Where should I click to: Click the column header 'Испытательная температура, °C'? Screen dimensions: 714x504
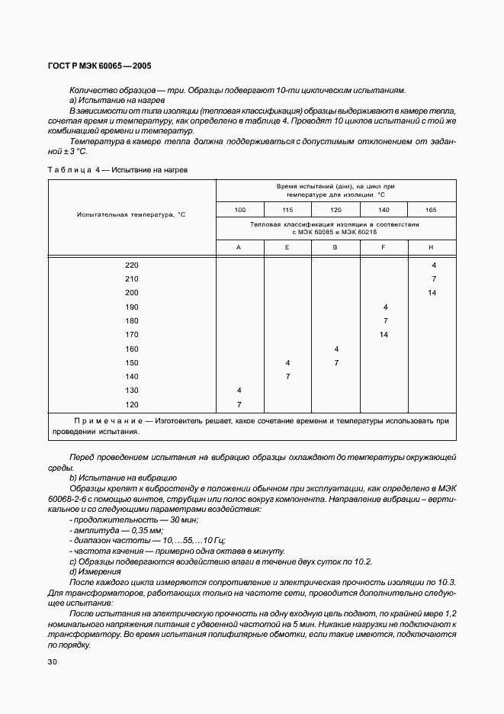point(132,214)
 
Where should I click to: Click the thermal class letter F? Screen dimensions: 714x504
point(384,247)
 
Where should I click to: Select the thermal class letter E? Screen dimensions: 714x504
point(287,247)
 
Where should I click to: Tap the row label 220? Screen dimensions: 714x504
point(132,265)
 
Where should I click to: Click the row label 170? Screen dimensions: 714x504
point(132,334)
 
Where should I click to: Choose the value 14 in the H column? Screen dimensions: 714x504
point(432,293)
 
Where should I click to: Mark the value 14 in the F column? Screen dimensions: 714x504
point(384,334)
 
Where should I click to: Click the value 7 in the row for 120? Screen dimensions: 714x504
point(239,404)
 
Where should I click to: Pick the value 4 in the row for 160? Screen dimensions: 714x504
point(336,349)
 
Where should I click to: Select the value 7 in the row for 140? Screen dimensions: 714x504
point(287,377)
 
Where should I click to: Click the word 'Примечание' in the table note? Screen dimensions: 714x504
point(108,420)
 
